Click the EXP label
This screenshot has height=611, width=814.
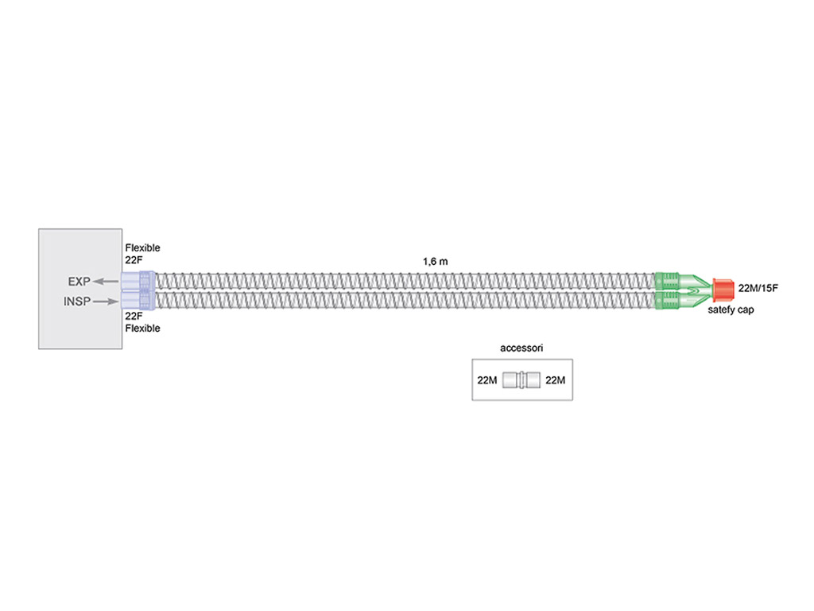(x=79, y=282)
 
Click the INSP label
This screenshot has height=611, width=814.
(x=77, y=302)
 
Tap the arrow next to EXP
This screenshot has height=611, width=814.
(x=106, y=282)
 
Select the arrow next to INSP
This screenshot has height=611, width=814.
(x=106, y=302)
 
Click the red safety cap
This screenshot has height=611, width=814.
(x=723, y=290)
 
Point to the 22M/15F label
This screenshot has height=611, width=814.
(x=758, y=288)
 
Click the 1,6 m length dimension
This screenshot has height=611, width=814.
(x=435, y=261)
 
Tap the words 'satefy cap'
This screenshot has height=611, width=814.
(x=731, y=309)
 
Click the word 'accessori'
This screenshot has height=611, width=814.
(x=521, y=348)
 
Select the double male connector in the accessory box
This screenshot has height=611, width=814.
(x=521, y=379)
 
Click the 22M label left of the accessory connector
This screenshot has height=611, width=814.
(x=487, y=380)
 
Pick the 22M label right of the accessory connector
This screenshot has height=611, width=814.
(x=555, y=380)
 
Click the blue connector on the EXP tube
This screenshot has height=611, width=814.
(x=138, y=281)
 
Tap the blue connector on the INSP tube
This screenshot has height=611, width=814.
(x=138, y=300)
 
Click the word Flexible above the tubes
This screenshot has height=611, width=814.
(x=142, y=248)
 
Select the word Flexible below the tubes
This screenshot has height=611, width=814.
(x=142, y=329)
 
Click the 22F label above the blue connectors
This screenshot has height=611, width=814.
(x=134, y=260)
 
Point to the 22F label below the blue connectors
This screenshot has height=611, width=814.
(x=134, y=316)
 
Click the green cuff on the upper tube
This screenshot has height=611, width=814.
(x=667, y=281)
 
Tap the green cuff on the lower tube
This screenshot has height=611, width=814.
(x=667, y=300)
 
